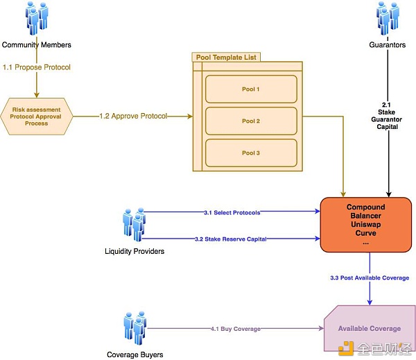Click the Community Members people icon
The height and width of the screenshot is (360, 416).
click(36, 19)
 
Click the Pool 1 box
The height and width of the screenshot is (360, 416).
click(250, 89)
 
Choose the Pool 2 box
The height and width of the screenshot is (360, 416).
click(250, 121)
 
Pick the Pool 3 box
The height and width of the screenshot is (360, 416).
click(250, 153)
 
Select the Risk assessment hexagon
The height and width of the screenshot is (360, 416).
click(37, 117)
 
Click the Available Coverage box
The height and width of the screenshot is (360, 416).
click(369, 328)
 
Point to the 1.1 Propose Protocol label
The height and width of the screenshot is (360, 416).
click(36, 67)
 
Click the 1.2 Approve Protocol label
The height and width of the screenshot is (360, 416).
click(132, 117)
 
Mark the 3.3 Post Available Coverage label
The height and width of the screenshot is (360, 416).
click(370, 278)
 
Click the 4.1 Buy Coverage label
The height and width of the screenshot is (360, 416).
click(235, 328)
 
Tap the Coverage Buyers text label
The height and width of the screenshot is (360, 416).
click(134, 354)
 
